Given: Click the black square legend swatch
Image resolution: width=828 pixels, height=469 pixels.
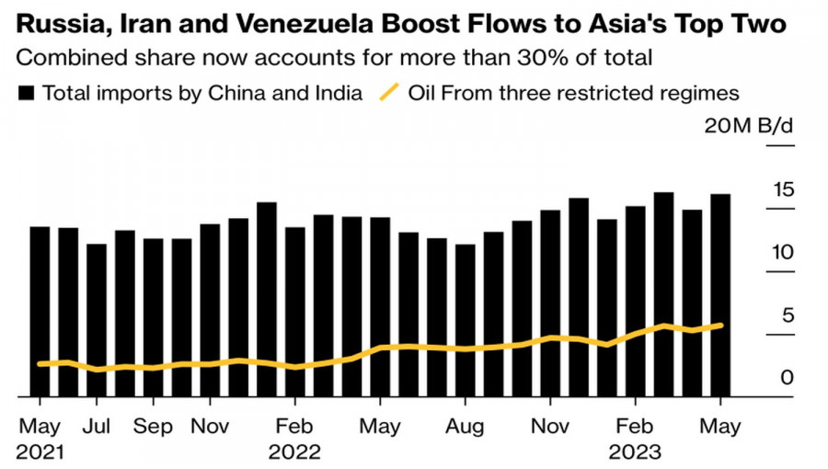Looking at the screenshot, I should tap(28, 92).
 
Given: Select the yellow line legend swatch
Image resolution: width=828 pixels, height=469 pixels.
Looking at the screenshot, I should tap(390, 92).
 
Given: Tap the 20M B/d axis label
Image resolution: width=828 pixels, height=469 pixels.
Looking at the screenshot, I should tap(748, 126).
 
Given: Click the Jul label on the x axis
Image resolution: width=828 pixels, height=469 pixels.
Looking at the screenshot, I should tap(97, 427).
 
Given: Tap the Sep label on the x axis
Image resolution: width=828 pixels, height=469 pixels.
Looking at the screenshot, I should tap(153, 427).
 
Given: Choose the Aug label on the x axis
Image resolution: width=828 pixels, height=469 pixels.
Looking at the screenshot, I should tap(465, 427).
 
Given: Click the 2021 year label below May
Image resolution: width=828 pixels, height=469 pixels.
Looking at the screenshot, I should tap(40, 452).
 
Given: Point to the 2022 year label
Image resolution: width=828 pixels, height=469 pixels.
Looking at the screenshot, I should tap(294, 452).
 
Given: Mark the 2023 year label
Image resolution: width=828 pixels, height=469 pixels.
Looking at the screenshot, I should tap(635, 452).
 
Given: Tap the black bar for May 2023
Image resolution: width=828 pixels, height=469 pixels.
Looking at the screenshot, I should tap(720, 294).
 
